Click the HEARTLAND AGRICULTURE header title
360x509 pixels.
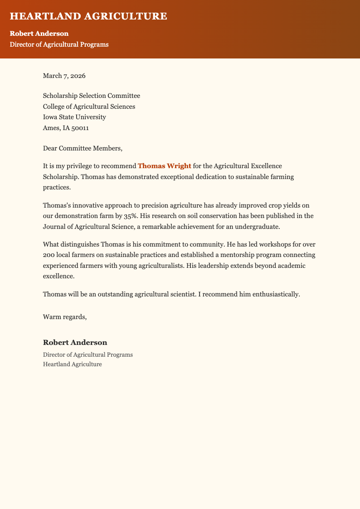pos(88,17)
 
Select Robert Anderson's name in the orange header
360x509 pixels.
pos(39,34)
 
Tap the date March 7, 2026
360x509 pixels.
pos(64,76)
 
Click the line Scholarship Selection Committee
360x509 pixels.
pos(91,96)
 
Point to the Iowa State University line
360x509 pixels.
pos(74,117)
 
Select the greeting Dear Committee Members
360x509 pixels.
pos(83,148)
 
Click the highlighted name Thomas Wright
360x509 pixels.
pos(164,166)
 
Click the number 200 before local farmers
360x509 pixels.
pos(49,255)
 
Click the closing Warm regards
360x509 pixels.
pos(64,316)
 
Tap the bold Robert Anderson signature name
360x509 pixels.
pos(75,342)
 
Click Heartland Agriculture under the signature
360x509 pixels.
pos(72,364)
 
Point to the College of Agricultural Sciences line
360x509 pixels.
pos(89,107)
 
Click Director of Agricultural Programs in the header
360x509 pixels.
pos(59,44)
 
